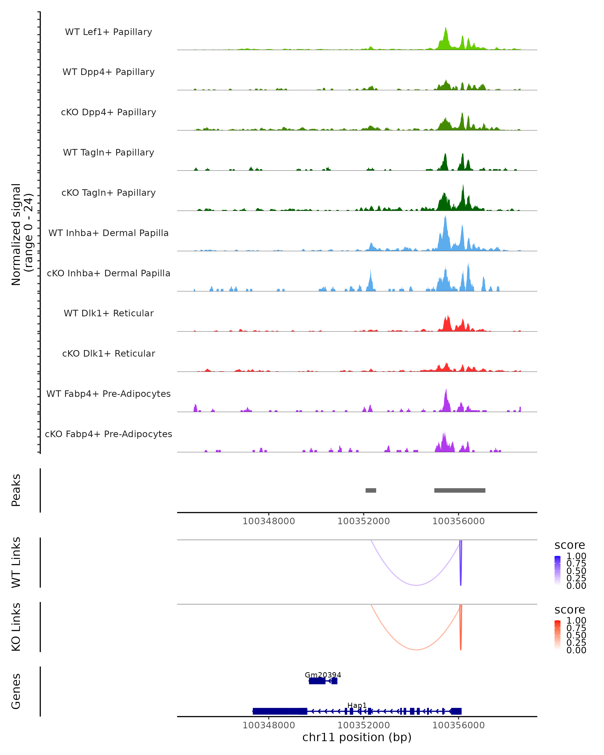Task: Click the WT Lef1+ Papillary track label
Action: (x=108, y=32)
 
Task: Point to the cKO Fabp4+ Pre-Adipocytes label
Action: (x=108, y=434)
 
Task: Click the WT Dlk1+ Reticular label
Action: (x=108, y=313)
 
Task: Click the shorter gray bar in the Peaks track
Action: (x=371, y=490)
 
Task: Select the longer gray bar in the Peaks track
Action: (x=460, y=490)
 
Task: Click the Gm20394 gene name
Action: (x=323, y=675)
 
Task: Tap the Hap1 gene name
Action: (x=357, y=705)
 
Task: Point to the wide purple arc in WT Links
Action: (x=416, y=585)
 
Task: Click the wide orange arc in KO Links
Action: (x=416, y=650)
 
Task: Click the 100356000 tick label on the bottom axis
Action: (x=458, y=725)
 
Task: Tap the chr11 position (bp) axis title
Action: (x=357, y=737)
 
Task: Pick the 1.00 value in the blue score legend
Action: (x=576, y=556)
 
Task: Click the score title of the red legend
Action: (x=570, y=610)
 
